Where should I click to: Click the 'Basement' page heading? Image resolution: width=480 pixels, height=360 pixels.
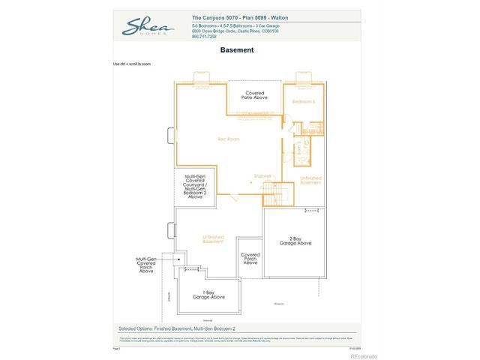[x=237, y=50]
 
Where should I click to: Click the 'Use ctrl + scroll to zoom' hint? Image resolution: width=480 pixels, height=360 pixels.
[x=132, y=64]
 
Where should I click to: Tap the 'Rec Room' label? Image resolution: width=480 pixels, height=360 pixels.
[x=228, y=139]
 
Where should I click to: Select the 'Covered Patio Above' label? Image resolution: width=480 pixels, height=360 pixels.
[x=254, y=95]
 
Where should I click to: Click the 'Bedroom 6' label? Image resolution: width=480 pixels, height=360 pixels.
[x=303, y=101]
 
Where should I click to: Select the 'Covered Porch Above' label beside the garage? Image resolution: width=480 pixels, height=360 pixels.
[x=250, y=259]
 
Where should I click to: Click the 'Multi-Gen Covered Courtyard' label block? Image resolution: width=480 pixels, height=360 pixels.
[x=194, y=187]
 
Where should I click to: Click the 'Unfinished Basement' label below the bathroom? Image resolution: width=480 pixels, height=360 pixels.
[x=310, y=180]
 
